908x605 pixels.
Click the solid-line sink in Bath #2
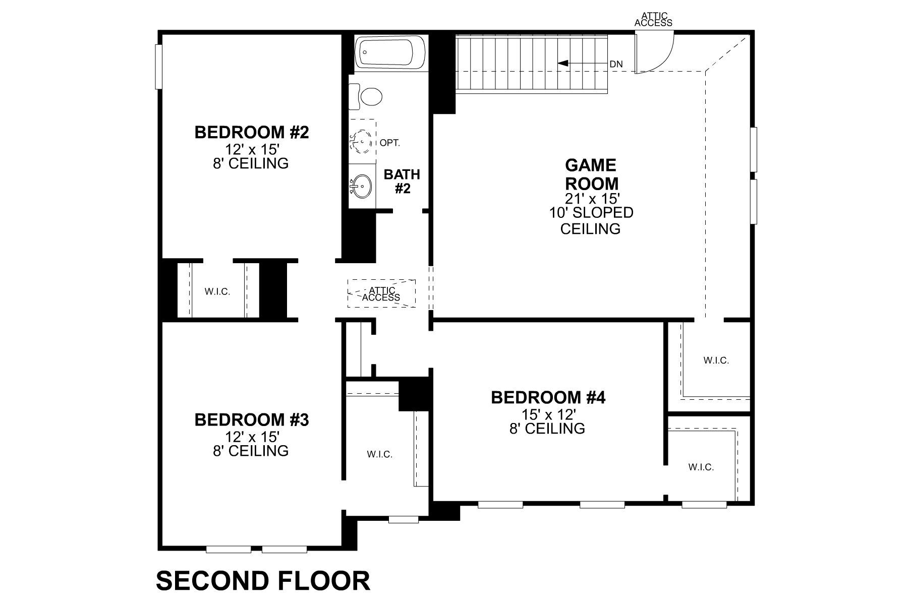[x=362, y=187]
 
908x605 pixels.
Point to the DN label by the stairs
[x=616, y=64]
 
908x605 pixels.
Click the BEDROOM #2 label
[x=251, y=133]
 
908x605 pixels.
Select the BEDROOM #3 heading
[x=251, y=419]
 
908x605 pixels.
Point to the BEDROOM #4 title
[x=548, y=398]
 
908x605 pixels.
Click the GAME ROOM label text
[x=591, y=174]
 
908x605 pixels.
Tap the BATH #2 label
[x=402, y=181]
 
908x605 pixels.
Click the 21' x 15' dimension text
[x=591, y=198]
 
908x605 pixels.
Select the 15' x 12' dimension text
[x=548, y=414]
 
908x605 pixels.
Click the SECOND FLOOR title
[x=263, y=580]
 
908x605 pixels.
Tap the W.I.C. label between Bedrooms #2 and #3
[x=217, y=291]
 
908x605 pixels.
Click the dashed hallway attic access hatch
[x=381, y=293]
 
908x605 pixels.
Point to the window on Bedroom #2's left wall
[x=158, y=67]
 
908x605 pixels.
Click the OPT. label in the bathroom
[x=389, y=143]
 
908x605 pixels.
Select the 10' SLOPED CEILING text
[x=591, y=220]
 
